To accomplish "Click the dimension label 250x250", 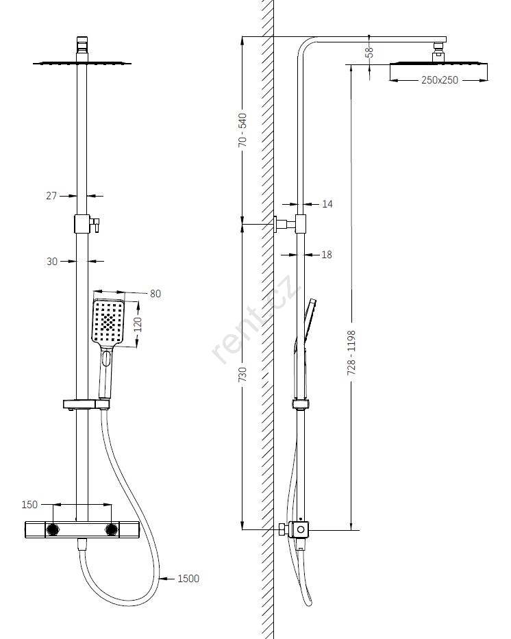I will (440, 80).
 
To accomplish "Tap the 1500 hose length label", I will (188, 579).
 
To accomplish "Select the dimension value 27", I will (51, 196).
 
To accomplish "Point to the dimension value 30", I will (51, 261).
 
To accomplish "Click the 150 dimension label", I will (29, 505).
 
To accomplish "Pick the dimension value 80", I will (155, 294).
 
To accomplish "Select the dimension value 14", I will (327, 204).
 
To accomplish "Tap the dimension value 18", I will (327, 255).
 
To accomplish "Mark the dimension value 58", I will (369, 51).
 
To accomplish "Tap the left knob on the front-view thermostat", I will (53, 529).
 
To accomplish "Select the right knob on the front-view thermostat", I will (111, 529).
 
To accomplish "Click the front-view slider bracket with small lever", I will (84, 223).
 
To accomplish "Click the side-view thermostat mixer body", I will (299, 530).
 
